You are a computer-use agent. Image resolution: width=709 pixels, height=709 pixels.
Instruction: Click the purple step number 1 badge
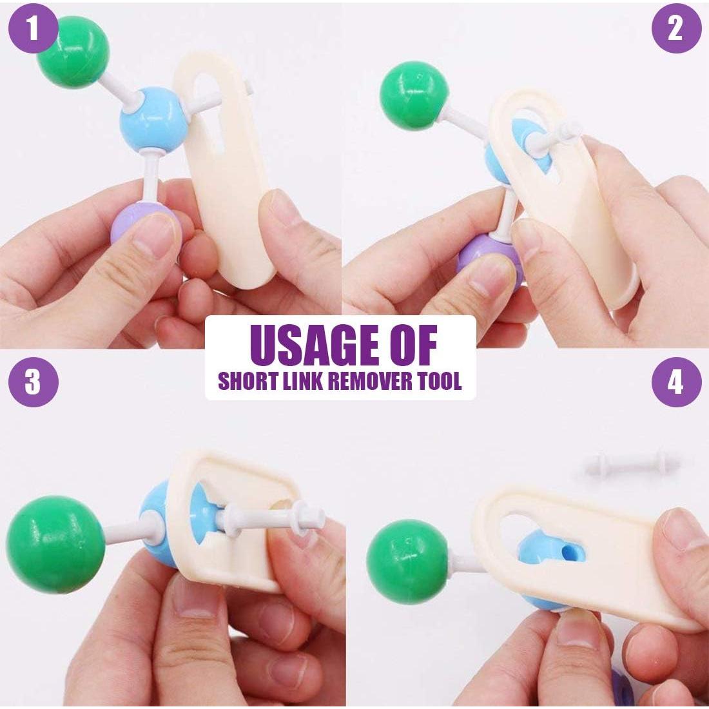(33, 28)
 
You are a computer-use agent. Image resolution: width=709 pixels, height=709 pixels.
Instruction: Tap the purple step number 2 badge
(676, 28)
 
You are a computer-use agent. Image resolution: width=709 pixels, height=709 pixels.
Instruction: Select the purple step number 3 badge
(33, 382)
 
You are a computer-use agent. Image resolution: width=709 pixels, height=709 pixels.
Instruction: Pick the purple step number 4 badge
(676, 382)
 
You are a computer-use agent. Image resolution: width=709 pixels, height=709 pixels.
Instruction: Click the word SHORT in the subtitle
(248, 381)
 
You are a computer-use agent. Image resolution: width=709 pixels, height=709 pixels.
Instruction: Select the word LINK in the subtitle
(302, 381)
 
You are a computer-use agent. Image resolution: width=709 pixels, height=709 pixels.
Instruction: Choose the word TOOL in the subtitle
(440, 381)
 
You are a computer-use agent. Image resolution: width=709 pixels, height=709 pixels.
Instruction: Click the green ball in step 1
(73, 52)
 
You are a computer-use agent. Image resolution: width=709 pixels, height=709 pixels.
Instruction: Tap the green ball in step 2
(413, 96)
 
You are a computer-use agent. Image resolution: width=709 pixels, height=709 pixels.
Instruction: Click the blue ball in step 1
(153, 119)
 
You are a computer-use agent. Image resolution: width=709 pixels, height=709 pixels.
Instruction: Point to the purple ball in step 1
(140, 226)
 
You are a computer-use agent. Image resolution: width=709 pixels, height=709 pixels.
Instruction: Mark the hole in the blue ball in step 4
(572, 552)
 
